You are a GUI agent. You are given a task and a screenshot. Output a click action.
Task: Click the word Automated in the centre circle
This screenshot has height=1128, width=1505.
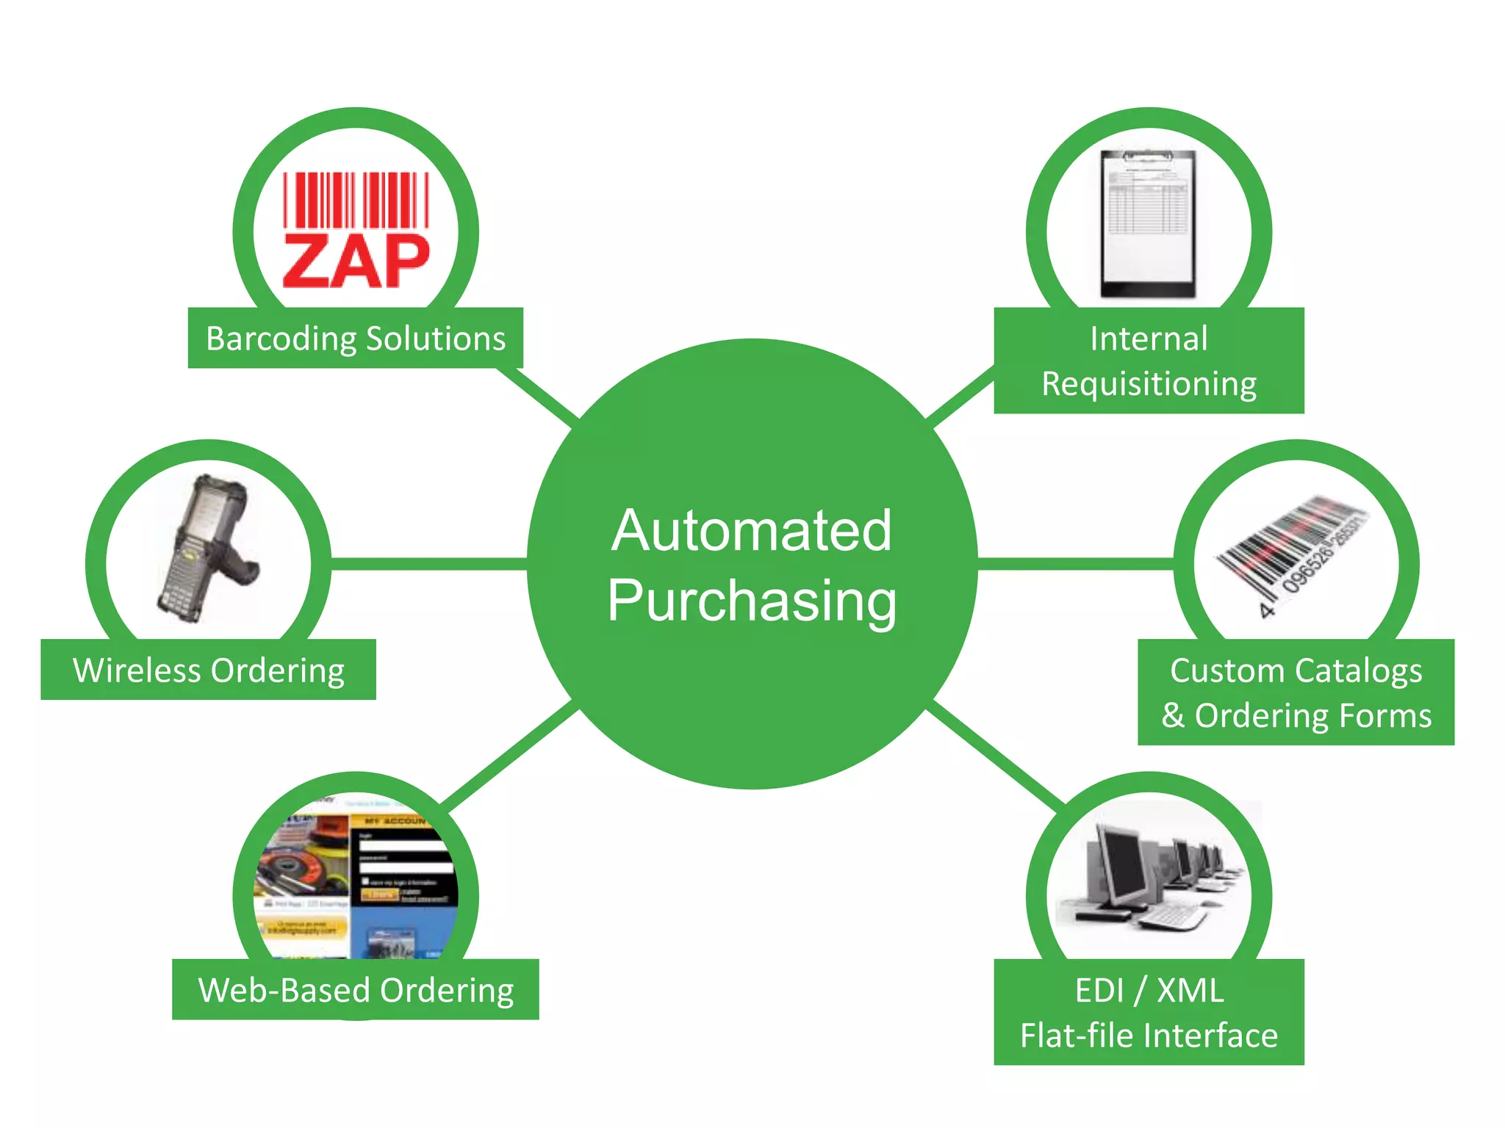coord(751,530)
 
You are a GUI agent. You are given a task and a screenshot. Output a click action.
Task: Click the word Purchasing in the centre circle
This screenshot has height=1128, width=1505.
coord(751,601)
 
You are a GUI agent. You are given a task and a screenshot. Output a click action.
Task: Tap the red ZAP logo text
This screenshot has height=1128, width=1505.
coord(356,261)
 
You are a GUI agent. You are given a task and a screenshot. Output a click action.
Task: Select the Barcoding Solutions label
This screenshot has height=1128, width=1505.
coord(356,339)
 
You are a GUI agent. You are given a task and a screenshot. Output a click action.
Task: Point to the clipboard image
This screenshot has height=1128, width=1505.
coord(1149,224)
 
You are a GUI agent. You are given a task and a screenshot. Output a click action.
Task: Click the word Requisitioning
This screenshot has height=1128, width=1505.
coord(1149,384)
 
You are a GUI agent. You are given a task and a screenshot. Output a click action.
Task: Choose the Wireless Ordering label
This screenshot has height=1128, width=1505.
coord(209,670)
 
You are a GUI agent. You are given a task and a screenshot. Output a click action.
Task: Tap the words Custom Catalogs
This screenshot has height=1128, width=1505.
coord(1296,670)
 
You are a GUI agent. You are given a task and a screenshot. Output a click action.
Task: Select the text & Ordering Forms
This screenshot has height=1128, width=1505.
coord(1296,716)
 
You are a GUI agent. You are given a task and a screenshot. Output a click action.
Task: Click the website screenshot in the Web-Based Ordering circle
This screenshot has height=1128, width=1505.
coord(356,881)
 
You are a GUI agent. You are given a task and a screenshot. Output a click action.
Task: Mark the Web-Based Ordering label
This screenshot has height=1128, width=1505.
coord(356,990)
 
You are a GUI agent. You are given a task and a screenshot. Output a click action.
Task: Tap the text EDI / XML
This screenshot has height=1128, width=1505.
coord(1149,990)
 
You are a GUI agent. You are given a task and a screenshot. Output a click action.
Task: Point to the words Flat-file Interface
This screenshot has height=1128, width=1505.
coord(1149,1035)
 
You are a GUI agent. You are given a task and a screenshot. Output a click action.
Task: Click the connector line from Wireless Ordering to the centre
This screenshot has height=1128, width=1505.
coord(430,563)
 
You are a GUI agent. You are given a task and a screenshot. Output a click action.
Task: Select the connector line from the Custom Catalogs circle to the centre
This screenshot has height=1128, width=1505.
coord(1075,563)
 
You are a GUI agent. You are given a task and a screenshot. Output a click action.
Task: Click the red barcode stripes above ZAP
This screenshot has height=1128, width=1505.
coord(356,200)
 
